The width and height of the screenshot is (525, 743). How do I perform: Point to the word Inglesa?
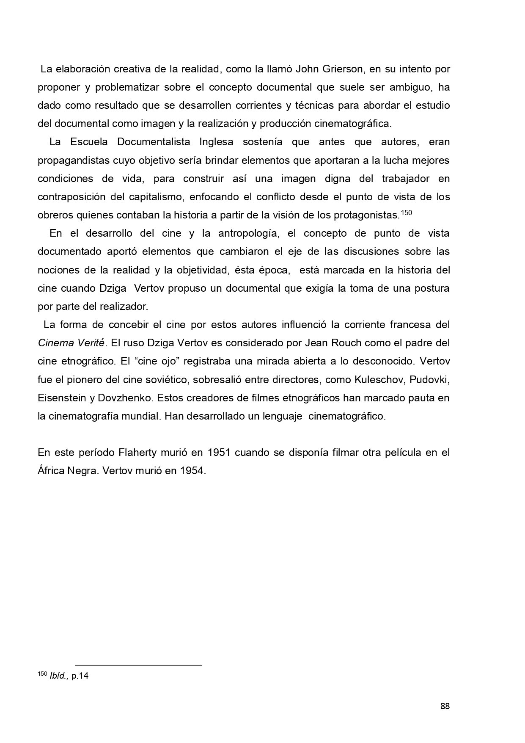coord(216,142)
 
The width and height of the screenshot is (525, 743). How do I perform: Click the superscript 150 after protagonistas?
coord(406,213)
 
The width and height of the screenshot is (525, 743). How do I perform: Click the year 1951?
coord(219,453)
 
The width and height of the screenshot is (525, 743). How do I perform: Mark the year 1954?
coord(192,471)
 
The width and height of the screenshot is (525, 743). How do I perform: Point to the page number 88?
coord(445,706)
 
